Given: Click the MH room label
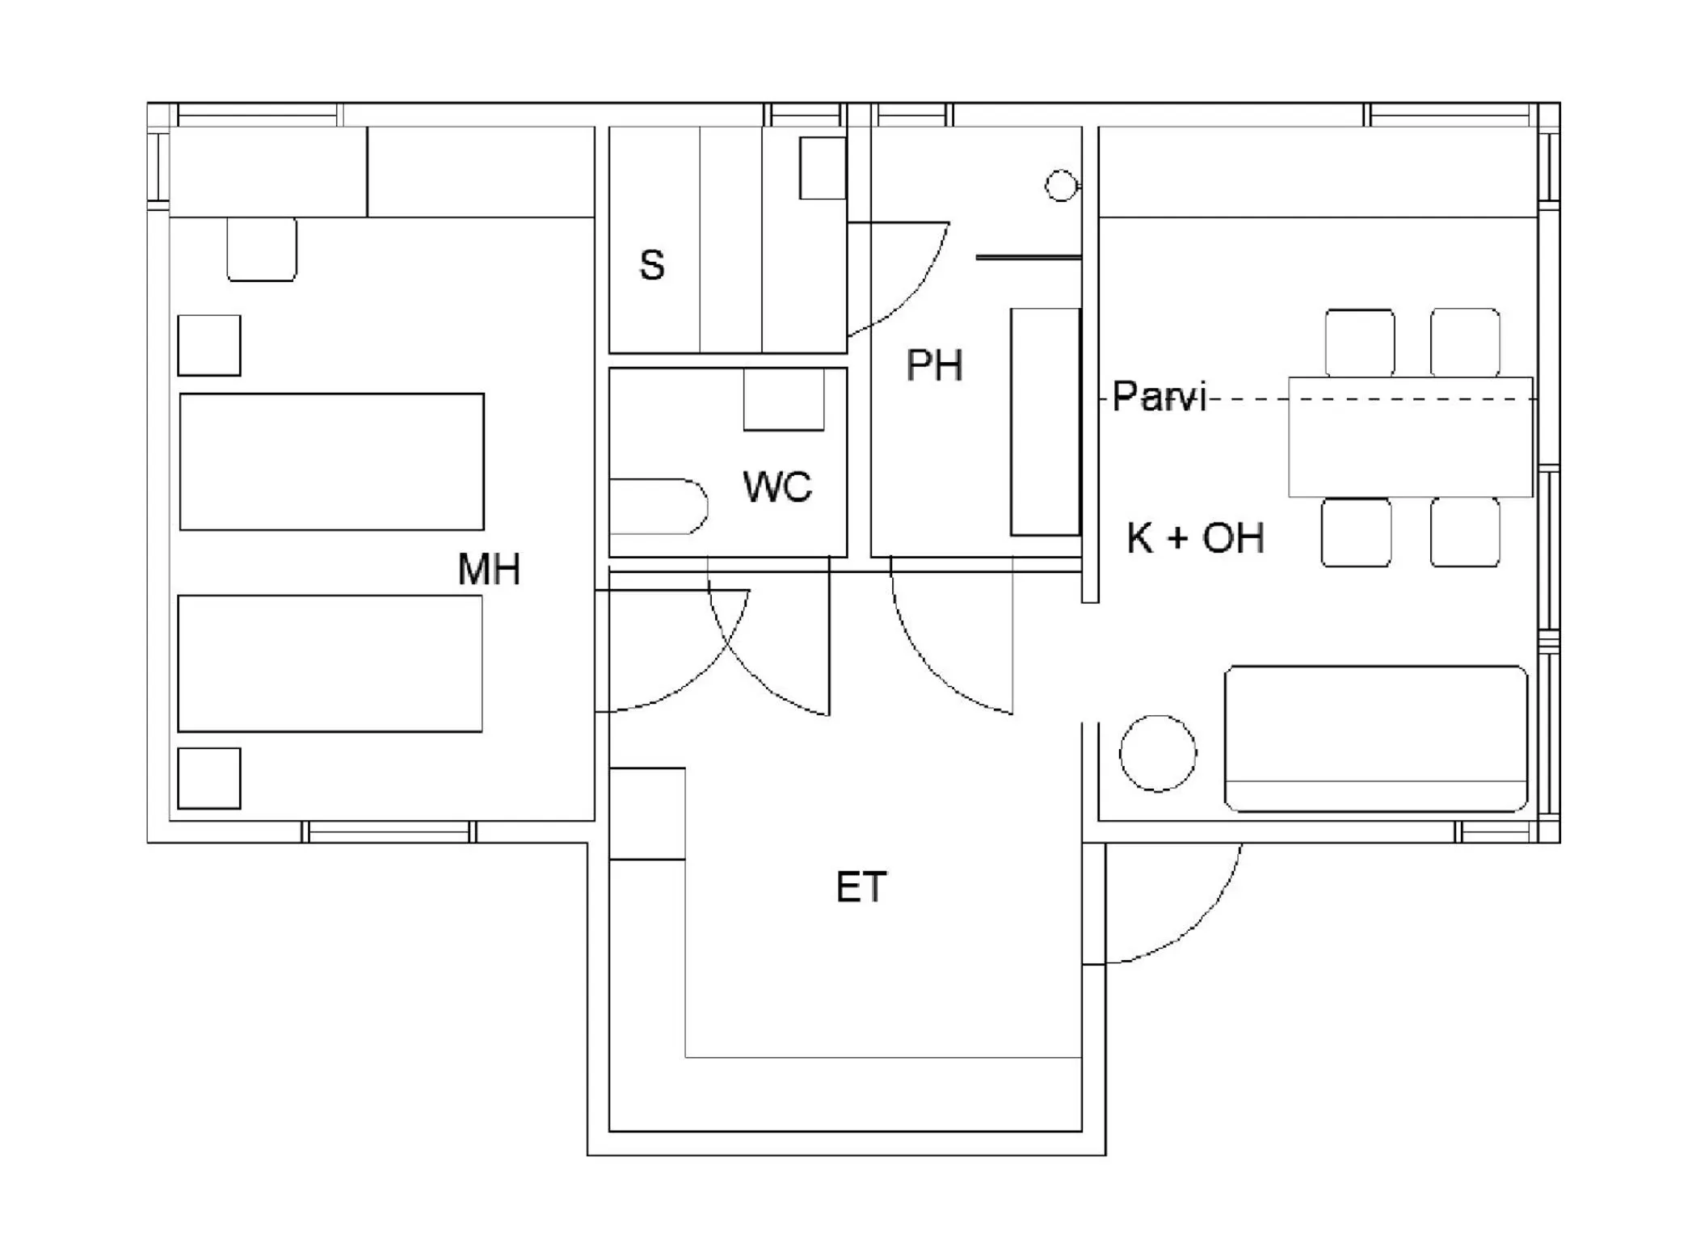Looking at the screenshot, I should (x=489, y=569).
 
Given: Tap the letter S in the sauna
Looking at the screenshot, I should (x=651, y=265).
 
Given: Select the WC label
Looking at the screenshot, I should (x=777, y=486).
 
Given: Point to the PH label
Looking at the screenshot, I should (x=934, y=365).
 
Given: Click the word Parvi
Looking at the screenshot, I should (x=1158, y=397).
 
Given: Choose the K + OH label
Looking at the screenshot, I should (x=1195, y=538).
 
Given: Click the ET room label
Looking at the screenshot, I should (x=861, y=887).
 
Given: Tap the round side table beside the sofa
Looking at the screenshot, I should (x=1157, y=753).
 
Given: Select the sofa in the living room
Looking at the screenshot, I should (x=1375, y=738).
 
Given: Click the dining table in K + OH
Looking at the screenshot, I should (x=1410, y=437).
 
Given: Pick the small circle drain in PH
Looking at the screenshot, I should (x=1060, y=186).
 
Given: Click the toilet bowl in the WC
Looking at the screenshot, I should (x=656, y=507).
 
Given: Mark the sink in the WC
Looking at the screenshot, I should (x=783, y=399).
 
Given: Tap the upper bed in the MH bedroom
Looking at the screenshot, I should (x=331, y=461).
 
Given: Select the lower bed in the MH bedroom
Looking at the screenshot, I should (x=330, y=663).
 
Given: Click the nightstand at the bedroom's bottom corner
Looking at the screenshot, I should (x=208, y=778).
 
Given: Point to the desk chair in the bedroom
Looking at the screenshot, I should (x=261, y=248).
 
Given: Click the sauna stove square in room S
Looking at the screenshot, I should (x=822, y=168).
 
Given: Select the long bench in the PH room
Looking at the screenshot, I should (x=1045, y=421).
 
